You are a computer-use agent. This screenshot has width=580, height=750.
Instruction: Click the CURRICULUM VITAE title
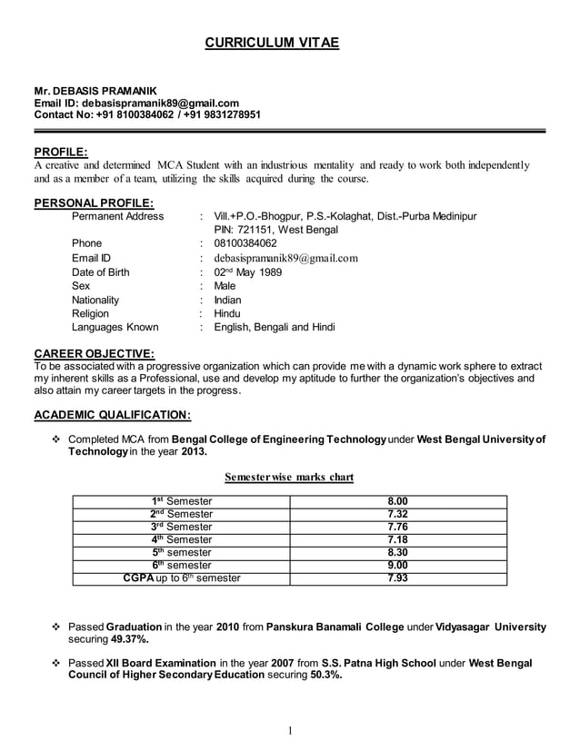(270, 43)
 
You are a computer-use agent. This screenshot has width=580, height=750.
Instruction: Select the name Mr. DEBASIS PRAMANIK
(95, 92)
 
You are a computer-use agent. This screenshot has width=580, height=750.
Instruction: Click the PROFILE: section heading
(61, 151)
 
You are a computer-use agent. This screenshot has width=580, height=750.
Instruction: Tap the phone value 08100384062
(245, 243)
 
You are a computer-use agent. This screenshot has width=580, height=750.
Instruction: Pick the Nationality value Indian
(227, 299)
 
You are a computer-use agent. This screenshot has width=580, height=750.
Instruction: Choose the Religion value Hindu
(227, 313)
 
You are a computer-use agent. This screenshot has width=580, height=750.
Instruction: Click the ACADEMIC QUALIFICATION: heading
(112, 416)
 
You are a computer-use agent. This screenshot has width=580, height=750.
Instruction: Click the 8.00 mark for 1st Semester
(397, 500)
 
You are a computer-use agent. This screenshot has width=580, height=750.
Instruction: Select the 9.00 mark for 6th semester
(397, 565)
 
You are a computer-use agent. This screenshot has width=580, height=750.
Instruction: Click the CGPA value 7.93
(397, 577)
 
